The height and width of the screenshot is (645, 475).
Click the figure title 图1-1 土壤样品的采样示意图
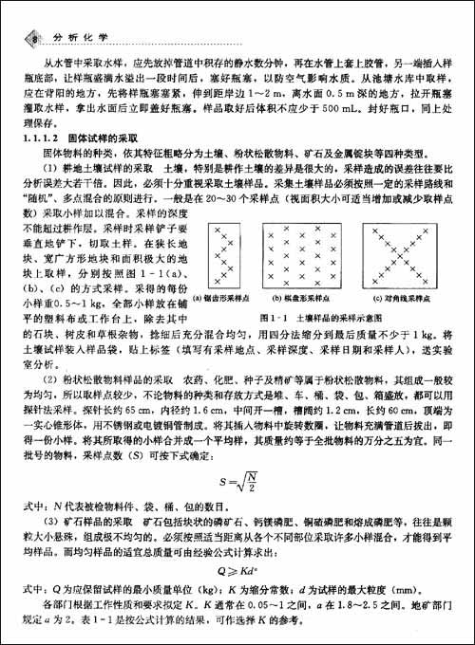[x=317, y=318]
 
